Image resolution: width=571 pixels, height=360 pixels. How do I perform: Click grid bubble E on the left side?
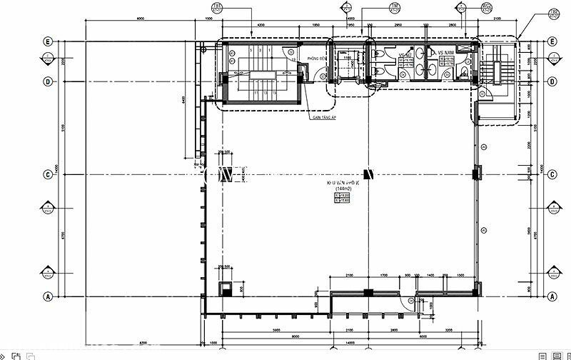[x=48, y=41]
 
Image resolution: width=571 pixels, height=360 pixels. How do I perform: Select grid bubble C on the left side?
[x=48, y=174]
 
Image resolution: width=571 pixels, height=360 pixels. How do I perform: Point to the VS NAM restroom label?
[x=447, y=53]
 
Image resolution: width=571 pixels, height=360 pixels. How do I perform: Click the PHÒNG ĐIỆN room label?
[x=317, y=57]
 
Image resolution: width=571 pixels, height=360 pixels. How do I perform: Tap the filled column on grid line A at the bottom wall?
[x=366, y=291]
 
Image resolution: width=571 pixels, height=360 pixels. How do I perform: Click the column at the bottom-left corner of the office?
[x=226, y=288]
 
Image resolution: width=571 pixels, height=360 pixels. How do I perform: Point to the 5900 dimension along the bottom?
[x=275, y=331]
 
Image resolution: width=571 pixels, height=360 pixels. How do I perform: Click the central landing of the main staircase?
[x=261, y=74]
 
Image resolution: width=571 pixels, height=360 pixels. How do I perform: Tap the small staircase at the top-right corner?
[x=490, y=71]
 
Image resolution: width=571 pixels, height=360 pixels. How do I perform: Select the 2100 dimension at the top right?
[x=496, y=17]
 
